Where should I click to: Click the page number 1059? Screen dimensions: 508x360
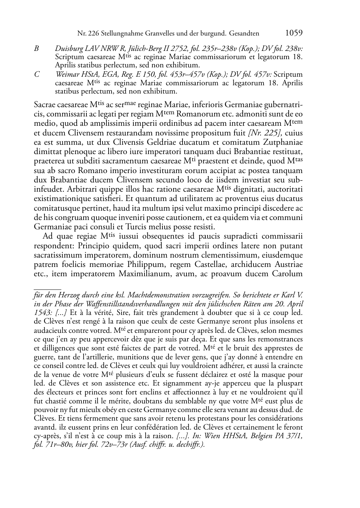294,33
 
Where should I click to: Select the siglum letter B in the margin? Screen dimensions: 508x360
36,48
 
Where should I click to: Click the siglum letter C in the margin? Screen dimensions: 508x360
36,75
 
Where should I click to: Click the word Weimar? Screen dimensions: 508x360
67,75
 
